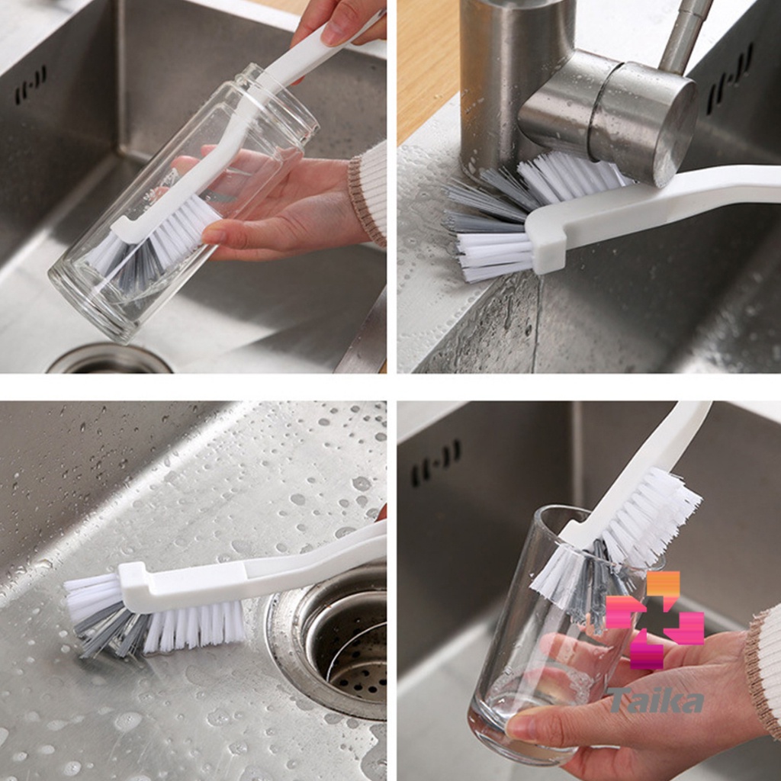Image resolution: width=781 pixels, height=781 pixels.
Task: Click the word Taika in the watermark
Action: (655, 699)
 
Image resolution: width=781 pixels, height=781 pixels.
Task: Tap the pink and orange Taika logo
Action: (654, 620)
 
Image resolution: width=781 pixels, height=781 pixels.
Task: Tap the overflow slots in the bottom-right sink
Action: (435, 463)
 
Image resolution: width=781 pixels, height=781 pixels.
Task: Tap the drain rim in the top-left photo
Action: (109, 358)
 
